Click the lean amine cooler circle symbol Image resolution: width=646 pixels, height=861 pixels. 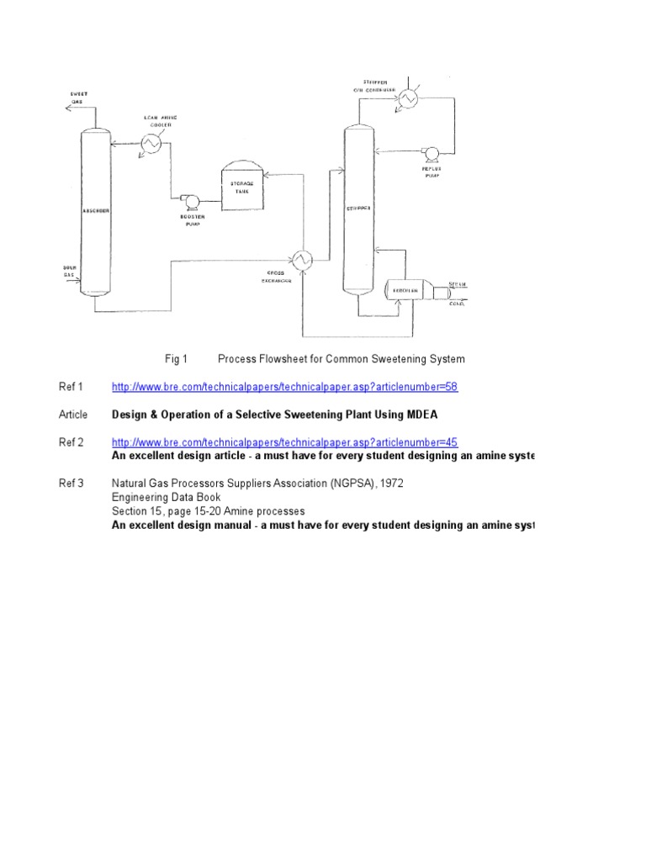(152, 144)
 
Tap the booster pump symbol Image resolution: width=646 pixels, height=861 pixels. (189, 201)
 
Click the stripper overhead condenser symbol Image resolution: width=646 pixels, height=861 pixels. (409, 98)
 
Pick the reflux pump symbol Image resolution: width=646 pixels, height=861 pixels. (432, 152)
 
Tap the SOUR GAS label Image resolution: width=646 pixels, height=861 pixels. (70, 271)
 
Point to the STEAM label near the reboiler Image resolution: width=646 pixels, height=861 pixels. (458, 285)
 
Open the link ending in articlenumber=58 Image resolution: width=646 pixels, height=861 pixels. (284, 387)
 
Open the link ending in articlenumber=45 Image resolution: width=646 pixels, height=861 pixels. (284, 442)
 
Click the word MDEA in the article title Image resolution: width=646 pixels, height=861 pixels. (421, 415)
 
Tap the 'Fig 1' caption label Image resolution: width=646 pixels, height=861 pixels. (176, 359)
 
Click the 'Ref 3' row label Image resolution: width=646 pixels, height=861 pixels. (71, 483)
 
